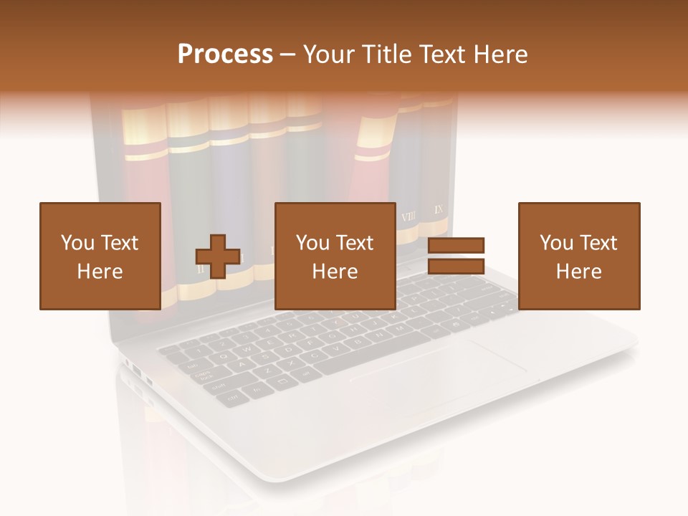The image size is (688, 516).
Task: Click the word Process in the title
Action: click(x=225, y=54)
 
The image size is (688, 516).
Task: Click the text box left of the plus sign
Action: click(x=100, y=256)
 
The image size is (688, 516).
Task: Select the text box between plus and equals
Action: click(x=335, y=256)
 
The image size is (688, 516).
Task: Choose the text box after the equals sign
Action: click(x=578, y=256)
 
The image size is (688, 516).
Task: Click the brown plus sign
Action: click(x=218, y=256)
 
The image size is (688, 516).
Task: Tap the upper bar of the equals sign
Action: click(x=456, y=246)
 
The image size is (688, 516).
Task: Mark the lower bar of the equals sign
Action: click(x=456, y=266)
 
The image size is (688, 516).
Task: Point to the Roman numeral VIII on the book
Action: click(x=408, y=216)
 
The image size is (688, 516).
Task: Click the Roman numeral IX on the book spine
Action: click(x=439, y=209)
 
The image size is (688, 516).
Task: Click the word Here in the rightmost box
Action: click(x=578, y=271)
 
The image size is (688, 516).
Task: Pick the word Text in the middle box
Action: click(x=355, y=243)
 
